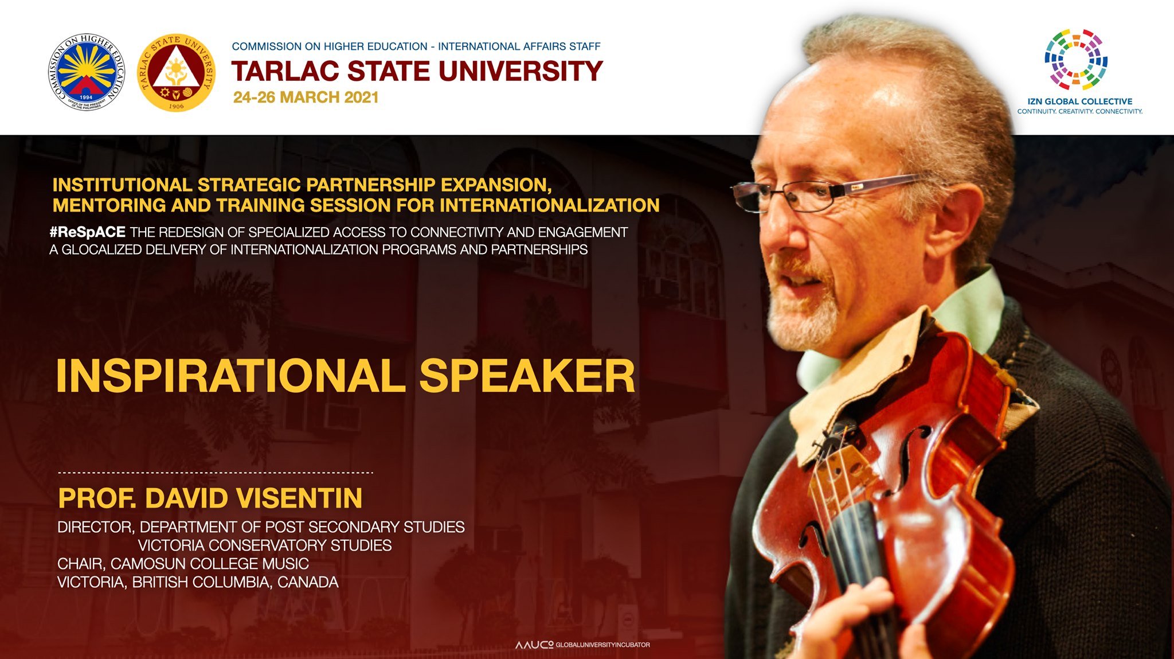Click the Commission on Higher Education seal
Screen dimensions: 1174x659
click(x=86, y=72)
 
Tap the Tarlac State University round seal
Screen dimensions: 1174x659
click(x=177, y=72)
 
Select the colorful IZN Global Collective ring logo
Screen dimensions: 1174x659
click(x=1076, y=60)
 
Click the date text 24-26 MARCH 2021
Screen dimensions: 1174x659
click(x=306, y=98)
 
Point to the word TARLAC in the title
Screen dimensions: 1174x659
click(x=285, y=72)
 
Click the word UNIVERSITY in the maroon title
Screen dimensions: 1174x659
click(x=521, y=72)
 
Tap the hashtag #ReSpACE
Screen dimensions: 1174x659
click(x=88, y=232)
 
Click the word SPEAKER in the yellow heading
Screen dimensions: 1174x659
click(x=527, y=377)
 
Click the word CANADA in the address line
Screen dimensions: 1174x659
click(x=308, y=582)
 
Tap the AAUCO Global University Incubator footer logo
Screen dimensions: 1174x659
click(x=582, y=645)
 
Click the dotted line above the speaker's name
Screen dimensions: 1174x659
click(x=216, y=473)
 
